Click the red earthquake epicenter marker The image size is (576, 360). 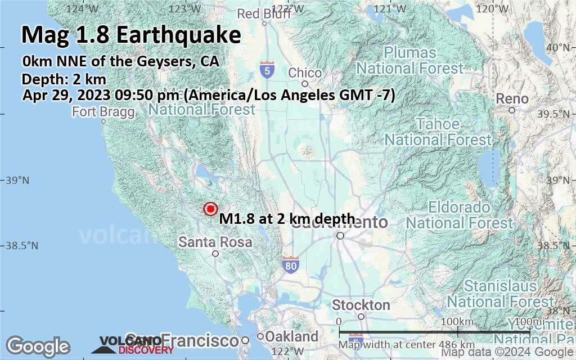pyautogui.click(x=210, y=209)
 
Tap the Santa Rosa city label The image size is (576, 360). pyautogui.click(x=215, y=242)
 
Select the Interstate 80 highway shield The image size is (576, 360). pyautogui.click(x=290, y=266)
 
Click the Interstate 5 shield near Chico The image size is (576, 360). pyautogui.click(x=268, y=70)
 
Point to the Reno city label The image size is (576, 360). pyautogui.click(x=512, y=99)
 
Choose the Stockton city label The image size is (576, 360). pyautogui.click(x=361, y=305)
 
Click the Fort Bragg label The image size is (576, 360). pyautogui.click(x=103, y=112)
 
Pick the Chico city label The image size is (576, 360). pyautogui.click(x=305, y=73)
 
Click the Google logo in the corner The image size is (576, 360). pyautogui.click(x=38, y=346)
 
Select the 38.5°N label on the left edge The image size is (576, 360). pyautogui.click(x=22, y=246)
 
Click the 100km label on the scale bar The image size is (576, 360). pyautogui.click(x=458, y=321)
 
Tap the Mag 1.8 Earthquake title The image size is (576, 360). pyautogui.click(x=131, y=35)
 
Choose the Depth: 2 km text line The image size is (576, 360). pyautogui.click(x=64, y=79)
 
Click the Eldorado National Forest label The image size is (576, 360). pyautogui.click(x=460, y=215)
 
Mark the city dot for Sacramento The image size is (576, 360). pyautogui.click(x=340, y=236)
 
